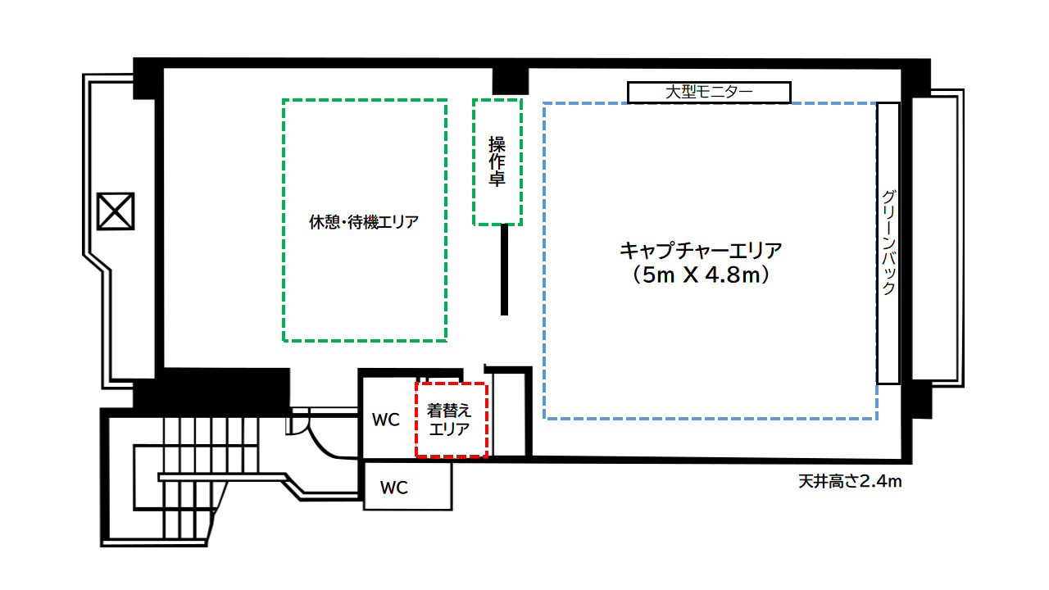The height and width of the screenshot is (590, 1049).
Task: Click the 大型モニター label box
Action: (x=709, y=93)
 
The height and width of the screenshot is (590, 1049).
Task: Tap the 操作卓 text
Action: (x=497, y=161)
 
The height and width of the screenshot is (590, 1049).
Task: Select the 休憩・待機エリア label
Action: (x=364, y=222)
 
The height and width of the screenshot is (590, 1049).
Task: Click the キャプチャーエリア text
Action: (x=701, y=251)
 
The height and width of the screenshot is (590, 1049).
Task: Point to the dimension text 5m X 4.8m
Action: (x=701, y=275)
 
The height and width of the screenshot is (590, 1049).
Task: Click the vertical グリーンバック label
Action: (x=888, y=243)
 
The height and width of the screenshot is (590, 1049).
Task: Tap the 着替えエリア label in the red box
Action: (x=448, y=420)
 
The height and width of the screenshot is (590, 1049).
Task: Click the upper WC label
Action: (x=386, y=420)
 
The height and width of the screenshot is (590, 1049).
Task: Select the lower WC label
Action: (x=394, y=488)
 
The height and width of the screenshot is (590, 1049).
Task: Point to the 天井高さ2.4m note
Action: (x=850, y=481)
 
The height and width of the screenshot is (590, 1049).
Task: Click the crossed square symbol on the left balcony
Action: (x=116, y=211)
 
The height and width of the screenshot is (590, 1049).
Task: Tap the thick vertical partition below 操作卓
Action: (x=504, y=270)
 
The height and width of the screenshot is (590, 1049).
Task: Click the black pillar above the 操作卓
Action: (x=510, y=81)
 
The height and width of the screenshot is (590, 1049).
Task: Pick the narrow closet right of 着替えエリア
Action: (x=510, y=414)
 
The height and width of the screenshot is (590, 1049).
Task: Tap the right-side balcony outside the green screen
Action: (x=935, y=238)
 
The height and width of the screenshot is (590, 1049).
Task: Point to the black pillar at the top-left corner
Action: (x=148, y=79)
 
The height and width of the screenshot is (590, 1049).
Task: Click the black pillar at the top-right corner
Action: (x=915, y=78)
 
